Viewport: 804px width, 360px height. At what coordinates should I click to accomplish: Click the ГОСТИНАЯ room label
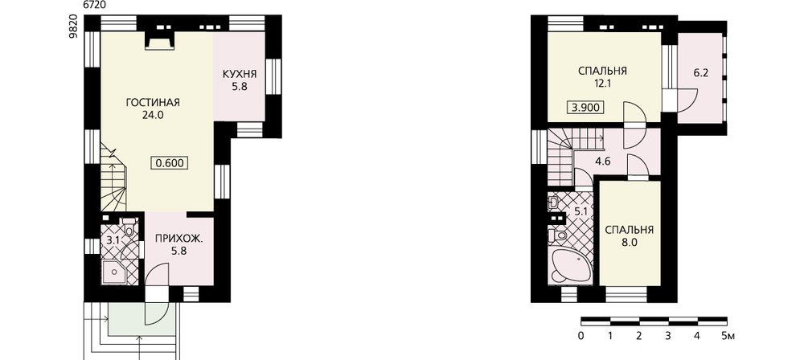(x=152, y=102)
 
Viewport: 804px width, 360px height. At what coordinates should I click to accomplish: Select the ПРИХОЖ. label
(x=178, y=239)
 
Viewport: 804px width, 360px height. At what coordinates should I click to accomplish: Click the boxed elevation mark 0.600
(x=170, y=163)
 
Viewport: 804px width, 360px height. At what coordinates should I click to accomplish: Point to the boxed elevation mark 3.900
(x=585, y=108)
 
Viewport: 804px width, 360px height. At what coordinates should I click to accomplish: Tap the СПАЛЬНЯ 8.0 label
(x=630, y=235)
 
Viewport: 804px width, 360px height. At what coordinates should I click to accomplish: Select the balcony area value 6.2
(x=701, y=73)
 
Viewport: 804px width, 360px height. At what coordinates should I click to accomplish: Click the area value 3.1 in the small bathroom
(x=113, y=239)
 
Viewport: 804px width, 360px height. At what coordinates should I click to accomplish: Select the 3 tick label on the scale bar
(x=667, y=337)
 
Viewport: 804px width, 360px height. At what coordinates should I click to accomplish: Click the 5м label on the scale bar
(x=728, y=337)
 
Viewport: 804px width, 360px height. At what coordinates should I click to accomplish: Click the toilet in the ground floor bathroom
(x=129, y=227)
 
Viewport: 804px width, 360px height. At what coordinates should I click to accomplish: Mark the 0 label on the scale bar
(x=580, y=337)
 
